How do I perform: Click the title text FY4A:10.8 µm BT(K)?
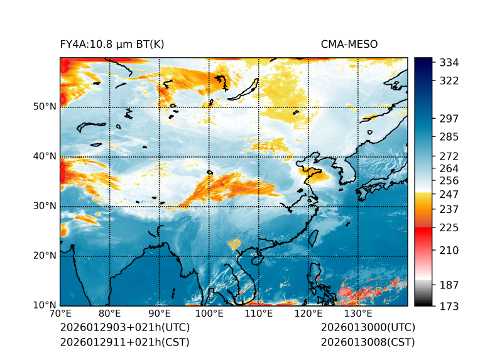pyautogui.click(x=112, y=44)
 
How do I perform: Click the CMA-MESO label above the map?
pyautogui.click(x=349, y=44)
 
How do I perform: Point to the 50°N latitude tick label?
pyautogui.click(x=44, y=107)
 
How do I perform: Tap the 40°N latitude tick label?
pyautogui.click(x=44, y=156)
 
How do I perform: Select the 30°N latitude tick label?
pyautogui.click(x=44, y=206)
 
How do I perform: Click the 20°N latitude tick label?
pyautogui.click(x=44, y=256)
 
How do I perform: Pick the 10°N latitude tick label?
pyautogui.click(x=44, y=305)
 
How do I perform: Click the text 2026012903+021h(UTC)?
pyautogui.click(x=124, y=328)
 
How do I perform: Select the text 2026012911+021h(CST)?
pyautogui.click(x=124, y=342)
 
